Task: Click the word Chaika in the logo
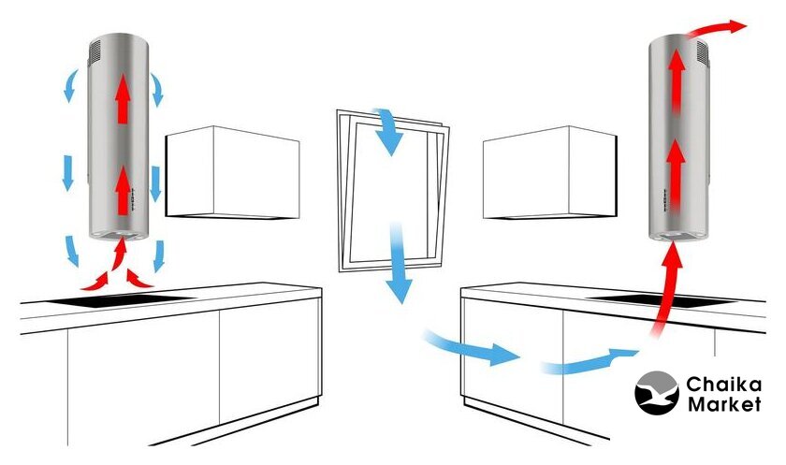pyautogui.click(x=724, y=385)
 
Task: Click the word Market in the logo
pyautogui.click(x=724, y=403)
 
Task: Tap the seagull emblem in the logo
pyautogui.click(x=657, y=393)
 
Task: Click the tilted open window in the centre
pyautogui.click(x=393, y=192)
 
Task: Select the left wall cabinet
pyautogui.click(x=233, y=172)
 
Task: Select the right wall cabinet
pyautogui.click(x=550, y=172)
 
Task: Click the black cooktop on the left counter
pyautogui.click(x=121, y=300)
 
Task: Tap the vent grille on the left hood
pyautogui.click(x=95, y=52)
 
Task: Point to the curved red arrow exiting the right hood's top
pyautogui.click(x=714, y=29)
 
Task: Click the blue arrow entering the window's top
pyautogui.click(x=387, y=130)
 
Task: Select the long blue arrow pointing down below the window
pyautogui.click(x=399, y=263)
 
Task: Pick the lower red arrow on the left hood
pyautogui.click(x=123, y=191)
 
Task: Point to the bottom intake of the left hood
pyautogui.click(x=118, y=235)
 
